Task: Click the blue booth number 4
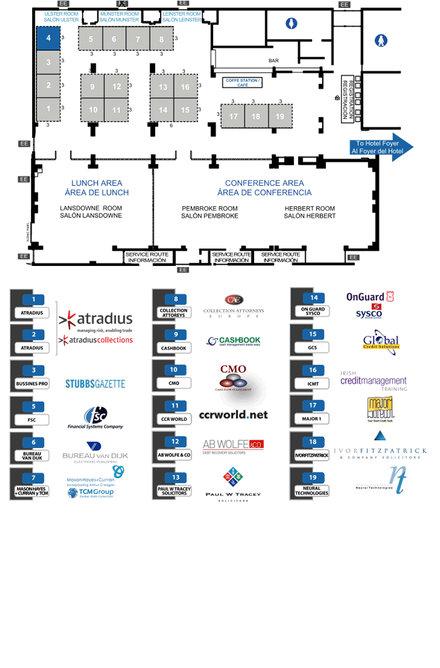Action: pyautogui.click(x=48, y=38)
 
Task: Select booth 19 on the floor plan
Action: pyautogui.click(x=280, y=117)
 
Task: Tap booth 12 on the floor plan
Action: pyautogui.click(x=117, y=87)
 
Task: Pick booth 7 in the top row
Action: pyautogui.click(x=137, y=39)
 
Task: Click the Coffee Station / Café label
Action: pyautogui.click(x=243, y=83)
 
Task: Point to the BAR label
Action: pyautogui.click(x=274, y=60)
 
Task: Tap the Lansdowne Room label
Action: pyautogui.click(x=91, y=212)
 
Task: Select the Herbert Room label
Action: pyautogui.click(x=310, y=212)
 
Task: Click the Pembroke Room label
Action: pyautogui.click(x=209, y=212)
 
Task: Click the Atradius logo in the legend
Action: pyautogui.click(x=96, y=320)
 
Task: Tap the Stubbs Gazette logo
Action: pyautogui.click(x=95, y=383)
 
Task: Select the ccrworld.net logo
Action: pyautogui.click(x=233, y=415)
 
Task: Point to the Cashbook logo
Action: pyautogui.click(x=233, y=341)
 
